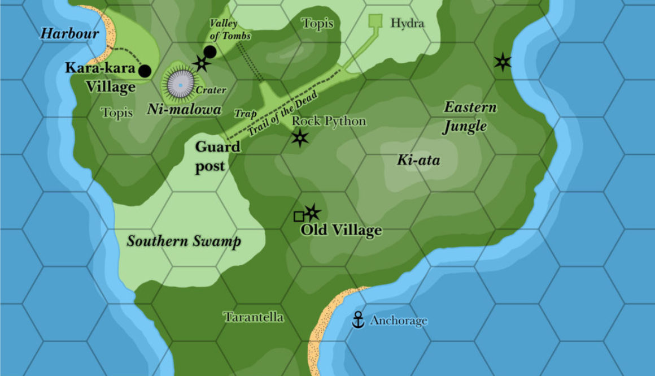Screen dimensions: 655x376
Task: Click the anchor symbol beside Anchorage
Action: pos(357,320)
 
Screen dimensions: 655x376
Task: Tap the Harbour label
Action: pos(69,33)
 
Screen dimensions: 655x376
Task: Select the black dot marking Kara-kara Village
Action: pos(145,71)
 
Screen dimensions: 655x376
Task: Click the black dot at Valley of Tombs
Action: pos(210,52)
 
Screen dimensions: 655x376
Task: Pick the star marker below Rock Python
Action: pos(300,137)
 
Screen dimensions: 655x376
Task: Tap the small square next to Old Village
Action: pos(299,216)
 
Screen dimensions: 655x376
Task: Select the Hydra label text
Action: pos(407,24)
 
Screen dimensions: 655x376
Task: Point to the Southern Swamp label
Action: pos(184,241)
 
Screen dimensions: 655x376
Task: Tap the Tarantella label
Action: pos(254,317)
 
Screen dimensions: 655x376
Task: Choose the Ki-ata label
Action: pos(418,161)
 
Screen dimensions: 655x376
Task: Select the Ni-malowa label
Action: pos(184,110)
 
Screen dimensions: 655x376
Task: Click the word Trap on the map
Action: pos(245,114)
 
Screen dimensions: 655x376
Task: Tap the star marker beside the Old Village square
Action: pos(312,213)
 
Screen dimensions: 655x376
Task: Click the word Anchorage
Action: pos(398,321)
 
